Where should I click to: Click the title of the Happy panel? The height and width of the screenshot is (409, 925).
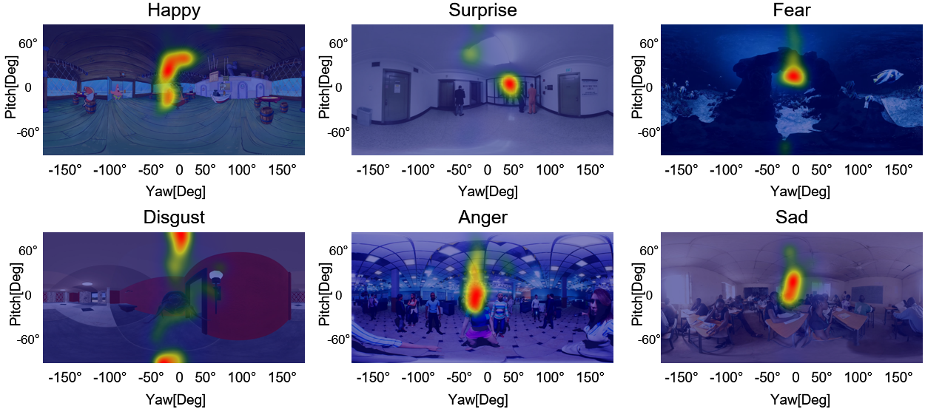(x=174, y=10)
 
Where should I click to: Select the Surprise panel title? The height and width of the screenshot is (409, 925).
(x=482, y=10)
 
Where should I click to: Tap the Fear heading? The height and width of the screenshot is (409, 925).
(x=791, y=10)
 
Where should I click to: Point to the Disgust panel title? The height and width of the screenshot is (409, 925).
(x=174, y=217)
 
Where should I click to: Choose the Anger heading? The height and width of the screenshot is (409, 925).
(x=482, y=217)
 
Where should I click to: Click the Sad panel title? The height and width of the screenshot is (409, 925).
(x=791, y=217)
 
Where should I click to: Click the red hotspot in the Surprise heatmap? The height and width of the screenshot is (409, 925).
(x=509, y=83)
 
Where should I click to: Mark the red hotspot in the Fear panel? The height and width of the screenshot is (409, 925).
(x=793, y=75)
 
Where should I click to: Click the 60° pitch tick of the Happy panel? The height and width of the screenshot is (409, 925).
(x=29, y=44)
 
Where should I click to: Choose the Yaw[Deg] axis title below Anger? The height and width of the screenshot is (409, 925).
(x=482, y=399)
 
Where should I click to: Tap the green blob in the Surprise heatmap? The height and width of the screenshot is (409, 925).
(x=470, y=53)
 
